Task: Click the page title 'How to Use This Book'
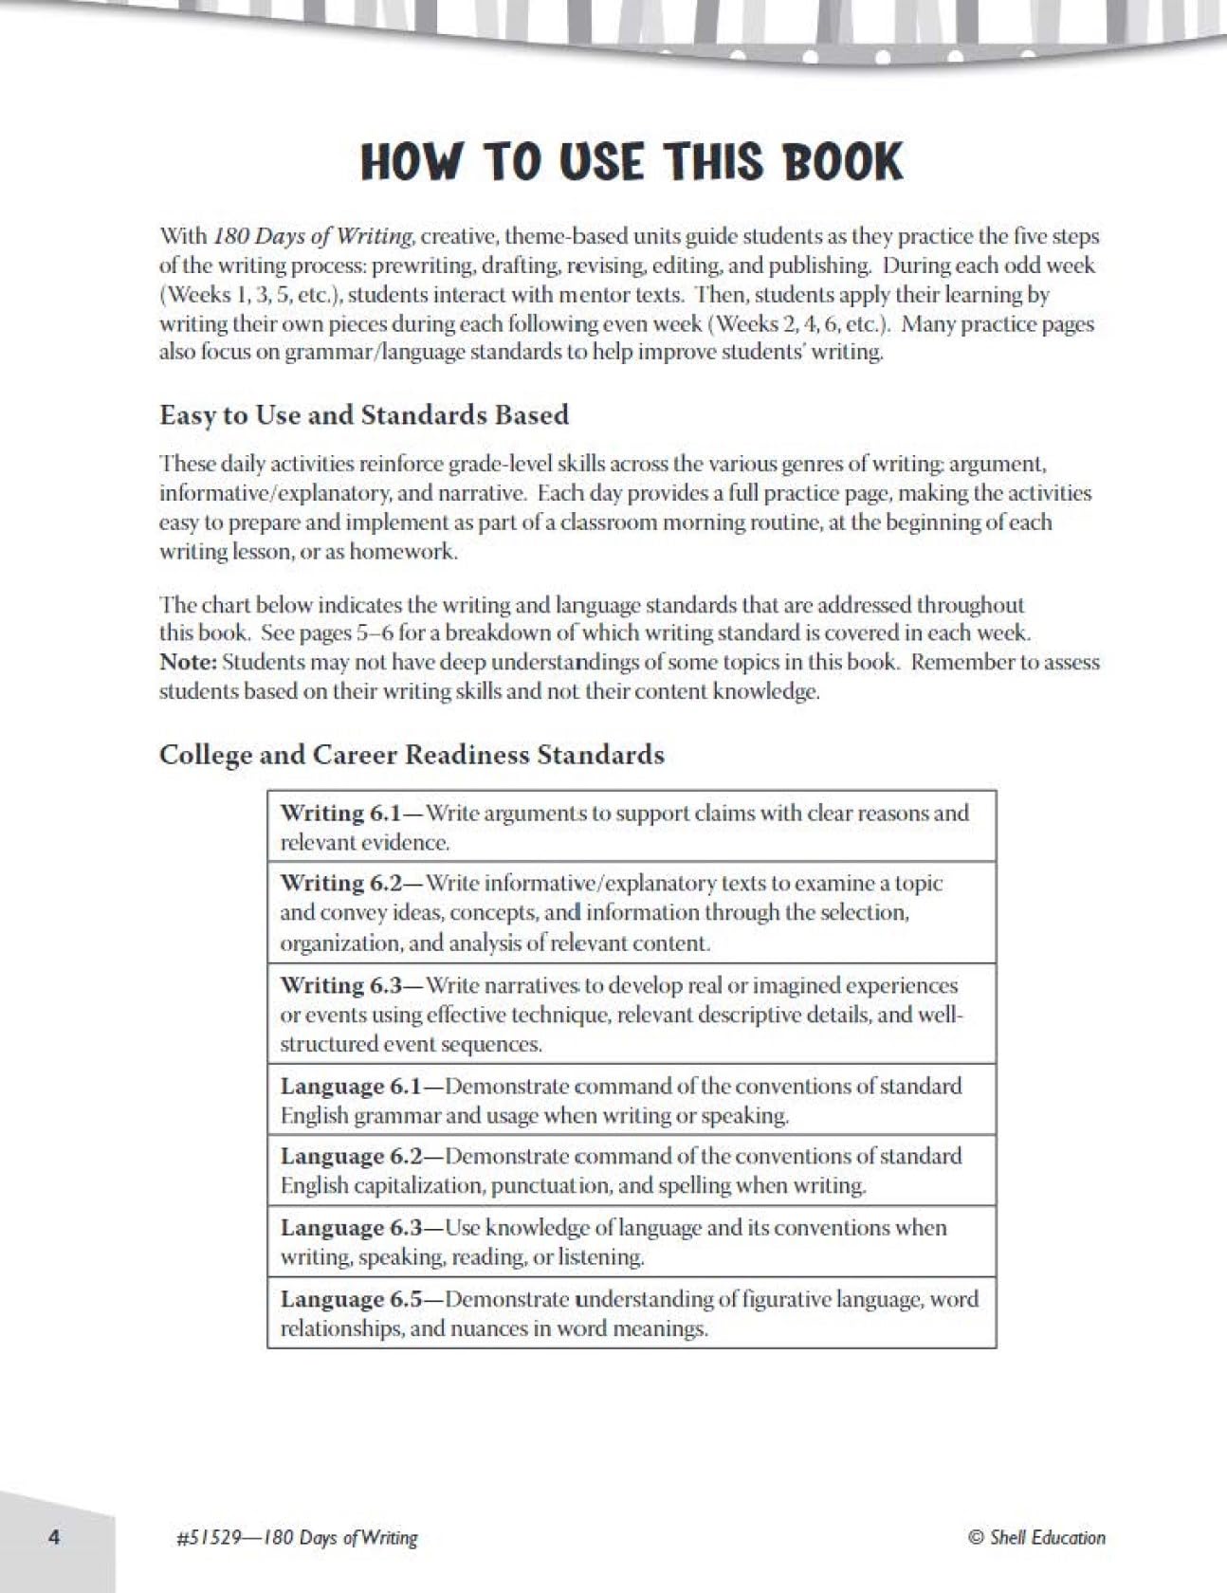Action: pos(632,162)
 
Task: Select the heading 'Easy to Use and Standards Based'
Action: pos(364,415)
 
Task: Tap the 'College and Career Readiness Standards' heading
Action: pos(412,755)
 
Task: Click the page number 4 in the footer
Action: pos(54,1537)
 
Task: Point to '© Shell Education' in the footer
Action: pos(1036,1537)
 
